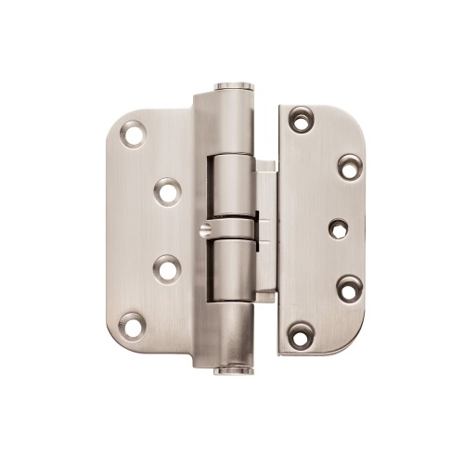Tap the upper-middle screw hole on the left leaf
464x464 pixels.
point(168,192)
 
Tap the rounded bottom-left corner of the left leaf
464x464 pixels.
point(113,338)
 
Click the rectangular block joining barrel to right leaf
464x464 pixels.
point(266,227)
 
